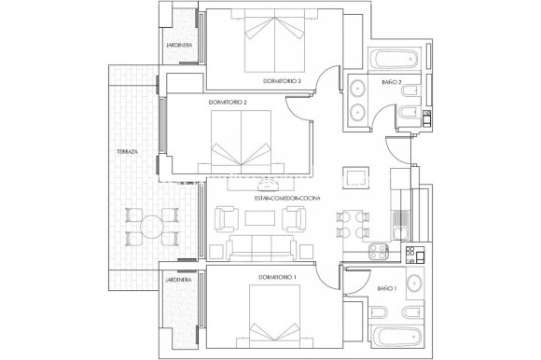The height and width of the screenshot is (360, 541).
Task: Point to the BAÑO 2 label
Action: (392, 84)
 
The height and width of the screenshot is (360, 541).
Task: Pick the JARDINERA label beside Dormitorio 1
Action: (179, 279)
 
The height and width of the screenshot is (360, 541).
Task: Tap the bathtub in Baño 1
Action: (391, 338)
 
